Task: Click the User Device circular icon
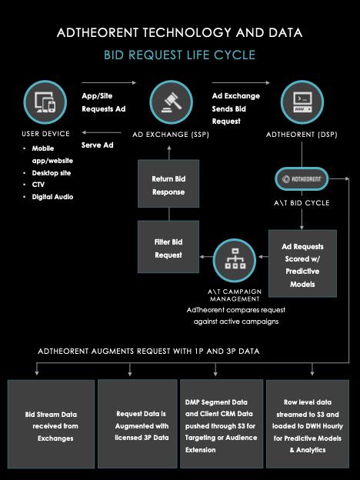tap(45, 102)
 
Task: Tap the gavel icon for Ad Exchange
tap(171, 102)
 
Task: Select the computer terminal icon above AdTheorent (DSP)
tap(302, 102)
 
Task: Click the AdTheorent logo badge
tap(302, 179)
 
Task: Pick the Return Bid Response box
tap(168, 183)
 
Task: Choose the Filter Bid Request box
tap(168, 247)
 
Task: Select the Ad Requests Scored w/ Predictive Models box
tap(302, 264)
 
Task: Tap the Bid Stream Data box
tap(51, 425)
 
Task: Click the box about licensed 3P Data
tap(138, 425)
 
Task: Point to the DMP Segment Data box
tap(222, 425)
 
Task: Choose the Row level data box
tap(308, 425)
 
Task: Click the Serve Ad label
tap(98, 145)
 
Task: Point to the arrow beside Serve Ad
tap(102, 133)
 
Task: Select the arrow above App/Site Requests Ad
tap(108, 82)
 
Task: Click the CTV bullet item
tap(38, 185)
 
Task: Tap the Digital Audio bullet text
tap(52, 197)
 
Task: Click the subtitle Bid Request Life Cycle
tap(180, 55)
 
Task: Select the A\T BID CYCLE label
tap(302, 203)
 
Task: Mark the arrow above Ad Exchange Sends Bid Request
tap(241, 82)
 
